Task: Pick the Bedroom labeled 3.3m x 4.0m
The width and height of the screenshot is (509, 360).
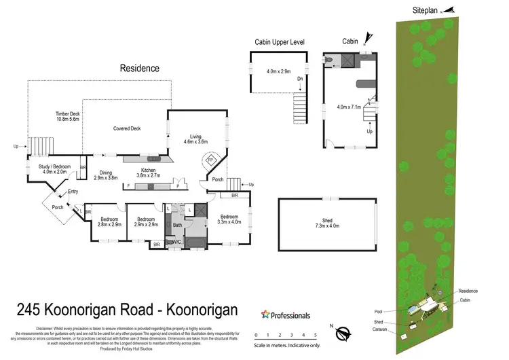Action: coord(229,218)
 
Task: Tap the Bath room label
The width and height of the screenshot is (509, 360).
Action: coord(177,224)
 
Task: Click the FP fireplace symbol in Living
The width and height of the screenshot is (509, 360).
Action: coord(210,160)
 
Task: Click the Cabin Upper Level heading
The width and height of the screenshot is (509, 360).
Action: coord(279,41)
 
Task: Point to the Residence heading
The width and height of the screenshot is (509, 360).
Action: coord(140,68)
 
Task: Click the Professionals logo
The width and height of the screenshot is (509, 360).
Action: coord(286,315)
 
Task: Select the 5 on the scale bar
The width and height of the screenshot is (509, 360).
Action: coord(316,335)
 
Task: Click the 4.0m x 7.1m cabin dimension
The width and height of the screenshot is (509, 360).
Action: coord(350,107)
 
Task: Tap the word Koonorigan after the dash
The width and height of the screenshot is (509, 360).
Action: coord(197,310)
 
